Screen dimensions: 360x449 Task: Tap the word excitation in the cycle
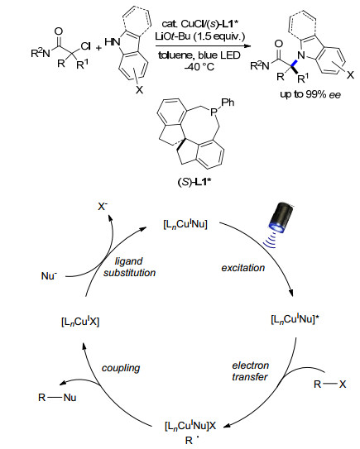(x=242, y=268)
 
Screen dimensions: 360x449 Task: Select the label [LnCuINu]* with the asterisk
(x=295, y=319)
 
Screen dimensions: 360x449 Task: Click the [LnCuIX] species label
(x=80, y=322)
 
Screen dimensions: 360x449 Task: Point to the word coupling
(x=121, y=368)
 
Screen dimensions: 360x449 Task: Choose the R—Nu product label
(x=57, y=398)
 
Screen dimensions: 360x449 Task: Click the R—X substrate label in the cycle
(x=330, y=384)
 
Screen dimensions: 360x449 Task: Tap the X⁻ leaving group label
(x=103, y=206)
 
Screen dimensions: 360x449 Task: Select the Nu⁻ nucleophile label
(x=49, y=275)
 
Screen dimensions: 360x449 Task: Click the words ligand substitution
(x=129, y=267)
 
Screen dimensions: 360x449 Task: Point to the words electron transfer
(x=250, y=371)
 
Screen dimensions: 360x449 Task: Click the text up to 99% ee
(x=310, y=94)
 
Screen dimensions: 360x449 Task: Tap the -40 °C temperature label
(x=199, y=67)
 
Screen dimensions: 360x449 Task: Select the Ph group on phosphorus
(x=228, y=103)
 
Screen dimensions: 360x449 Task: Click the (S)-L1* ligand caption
(x=194, y=182)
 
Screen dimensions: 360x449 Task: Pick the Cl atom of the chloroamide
(x=86, y=46)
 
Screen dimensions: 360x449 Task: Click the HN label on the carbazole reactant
(x=113, y=42)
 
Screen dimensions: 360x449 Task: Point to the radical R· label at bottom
(x=190, y=440)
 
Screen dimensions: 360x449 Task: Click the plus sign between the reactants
(x=98, y=48)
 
